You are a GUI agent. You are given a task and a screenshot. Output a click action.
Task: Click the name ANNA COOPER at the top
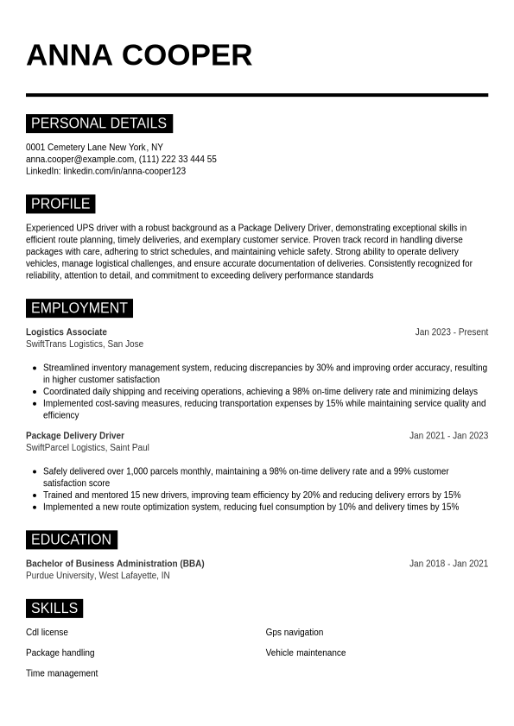[139, 55]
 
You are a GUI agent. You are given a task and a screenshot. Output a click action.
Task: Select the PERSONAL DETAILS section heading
[99, 123]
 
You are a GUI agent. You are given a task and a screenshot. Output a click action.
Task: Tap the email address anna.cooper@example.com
[79, 159]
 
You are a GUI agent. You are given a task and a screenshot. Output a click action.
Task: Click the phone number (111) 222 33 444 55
[178, 159]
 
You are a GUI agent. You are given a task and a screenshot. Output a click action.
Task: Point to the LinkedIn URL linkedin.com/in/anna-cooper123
[124, 171]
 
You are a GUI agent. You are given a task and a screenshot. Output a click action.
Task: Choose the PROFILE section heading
[60, 204]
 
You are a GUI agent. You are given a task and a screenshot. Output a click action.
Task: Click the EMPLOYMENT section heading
[79, 308]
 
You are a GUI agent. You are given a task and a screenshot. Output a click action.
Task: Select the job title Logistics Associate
[67, 331]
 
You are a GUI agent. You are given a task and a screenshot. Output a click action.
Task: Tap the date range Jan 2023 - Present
[451, 331]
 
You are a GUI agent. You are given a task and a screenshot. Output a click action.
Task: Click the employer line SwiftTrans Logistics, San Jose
[85, 344]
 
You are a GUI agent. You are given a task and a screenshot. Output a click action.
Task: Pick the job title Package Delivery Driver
[75, 435]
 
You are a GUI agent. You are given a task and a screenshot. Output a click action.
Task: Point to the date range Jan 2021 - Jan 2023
[448, 435]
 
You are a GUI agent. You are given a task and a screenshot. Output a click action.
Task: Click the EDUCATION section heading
[72, 540]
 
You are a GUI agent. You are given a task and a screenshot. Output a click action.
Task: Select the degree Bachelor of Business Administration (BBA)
[115, 563]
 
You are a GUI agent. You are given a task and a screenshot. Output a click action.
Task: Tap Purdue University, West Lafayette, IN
[98, 575]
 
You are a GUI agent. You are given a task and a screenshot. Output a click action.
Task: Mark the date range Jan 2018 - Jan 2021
[448, 563]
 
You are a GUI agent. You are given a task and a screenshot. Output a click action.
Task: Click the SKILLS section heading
[54, 609]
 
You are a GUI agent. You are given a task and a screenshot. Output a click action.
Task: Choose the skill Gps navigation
[295, 632]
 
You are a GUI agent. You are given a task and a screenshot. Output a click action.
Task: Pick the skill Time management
[62, 672]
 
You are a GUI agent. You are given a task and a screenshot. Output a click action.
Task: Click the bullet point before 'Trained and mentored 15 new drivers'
[35, 495]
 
